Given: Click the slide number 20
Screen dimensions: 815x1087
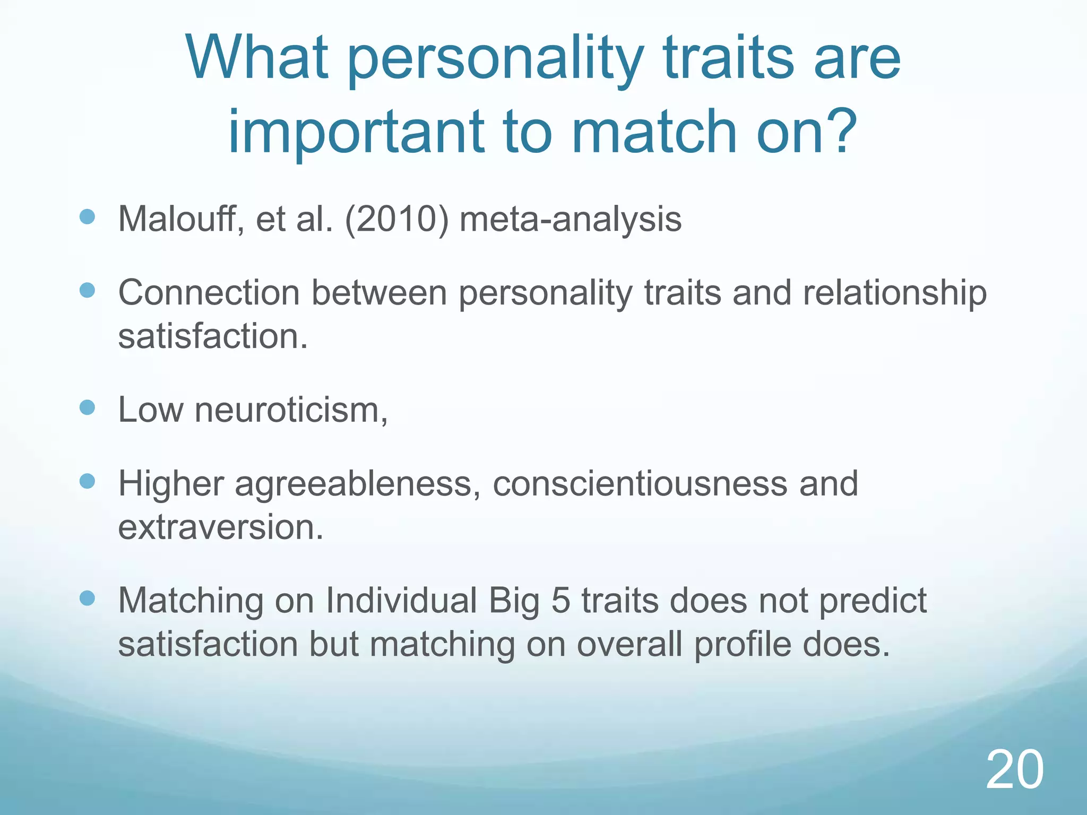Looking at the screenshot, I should pos(1014,769).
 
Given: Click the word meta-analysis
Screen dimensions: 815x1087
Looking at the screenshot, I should pos(570,219).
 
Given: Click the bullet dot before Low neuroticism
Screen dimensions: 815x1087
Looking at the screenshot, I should pos(87,407).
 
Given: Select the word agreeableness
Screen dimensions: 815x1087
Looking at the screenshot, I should pos(353,484).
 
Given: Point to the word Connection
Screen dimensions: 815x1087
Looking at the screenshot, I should pos(209,293).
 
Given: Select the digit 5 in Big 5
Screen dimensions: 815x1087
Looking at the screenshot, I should pos(560,601).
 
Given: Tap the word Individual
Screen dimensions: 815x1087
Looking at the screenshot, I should pos(401,601).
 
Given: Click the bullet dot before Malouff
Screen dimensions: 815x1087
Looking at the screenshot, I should pos(87,216).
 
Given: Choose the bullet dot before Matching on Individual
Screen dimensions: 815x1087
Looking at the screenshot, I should pos(87,599).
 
